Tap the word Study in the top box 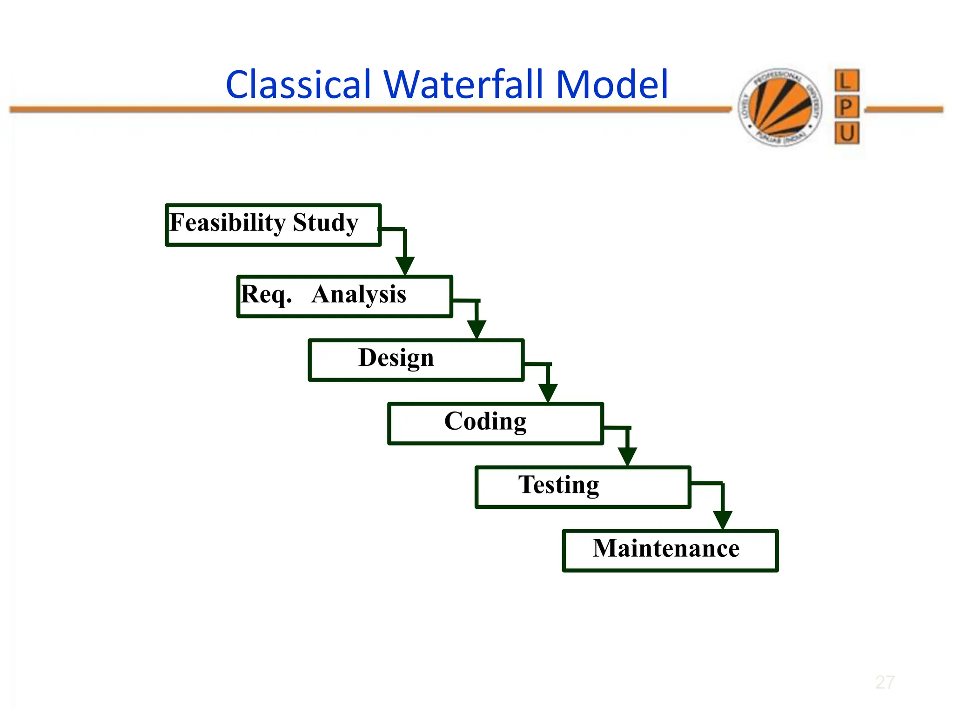tap(326, 223)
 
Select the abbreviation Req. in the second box tap(266, 295)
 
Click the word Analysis tap(359, 295)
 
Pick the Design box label tap(396, 358)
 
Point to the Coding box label tap(485, 421)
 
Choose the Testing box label tap(558, 485)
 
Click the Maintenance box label tap(666, 548)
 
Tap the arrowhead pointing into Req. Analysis tap(405, 266)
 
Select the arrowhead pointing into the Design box tap(476, 330)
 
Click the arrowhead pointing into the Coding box tap(548, 393)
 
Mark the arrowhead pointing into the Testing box tap(627, 457)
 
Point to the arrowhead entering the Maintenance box tap(723, 520)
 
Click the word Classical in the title tap(298, 85)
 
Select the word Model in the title tap(612, 85)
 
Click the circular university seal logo tap(780, 107)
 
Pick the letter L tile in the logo tap(846, 81)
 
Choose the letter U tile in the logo tap(846, 134)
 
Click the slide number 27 tap(885, 682)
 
